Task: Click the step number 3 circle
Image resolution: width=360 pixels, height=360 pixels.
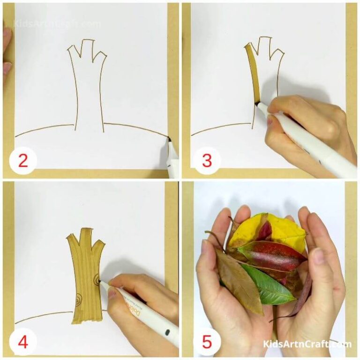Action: coord(207,161)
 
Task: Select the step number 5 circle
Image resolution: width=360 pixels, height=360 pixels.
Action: coord(207,342)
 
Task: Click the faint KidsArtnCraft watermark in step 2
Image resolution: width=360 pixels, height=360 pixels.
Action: coord(56,23)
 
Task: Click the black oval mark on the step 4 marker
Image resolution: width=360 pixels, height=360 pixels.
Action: coord(165,333)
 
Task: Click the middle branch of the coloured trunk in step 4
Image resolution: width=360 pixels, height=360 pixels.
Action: coord(86,237)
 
